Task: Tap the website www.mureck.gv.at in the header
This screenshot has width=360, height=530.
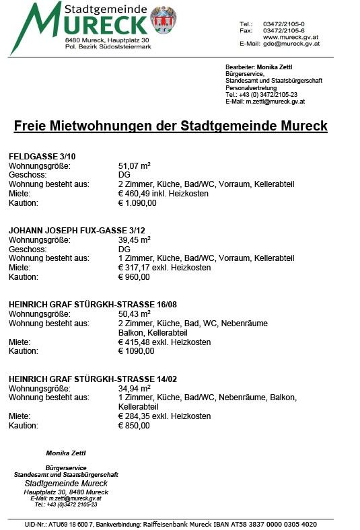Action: (x=291, y=36)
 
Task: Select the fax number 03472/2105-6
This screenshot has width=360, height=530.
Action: (x=284, y=30)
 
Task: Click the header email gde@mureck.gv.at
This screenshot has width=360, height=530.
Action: (x=291, y=43)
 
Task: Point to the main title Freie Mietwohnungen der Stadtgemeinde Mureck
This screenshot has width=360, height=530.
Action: (x=170, y=126)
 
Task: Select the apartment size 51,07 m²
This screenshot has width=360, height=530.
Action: (x=134, y=165)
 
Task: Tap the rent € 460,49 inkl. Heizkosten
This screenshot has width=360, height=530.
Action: (x=163, y=193)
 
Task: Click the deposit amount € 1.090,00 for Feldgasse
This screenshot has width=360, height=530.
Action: (x=137, y=202)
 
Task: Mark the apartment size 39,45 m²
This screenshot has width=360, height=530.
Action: (x=134, y=239)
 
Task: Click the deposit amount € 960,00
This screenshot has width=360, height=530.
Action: (x=134, y=276)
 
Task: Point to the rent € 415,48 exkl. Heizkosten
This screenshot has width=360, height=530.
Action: (x=164, y=342)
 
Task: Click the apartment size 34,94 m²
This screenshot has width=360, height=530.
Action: (x=134, y=388)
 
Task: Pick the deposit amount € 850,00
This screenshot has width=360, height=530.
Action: (x=134, y=426)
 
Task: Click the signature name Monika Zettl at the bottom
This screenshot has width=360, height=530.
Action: (x=65, y=453)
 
